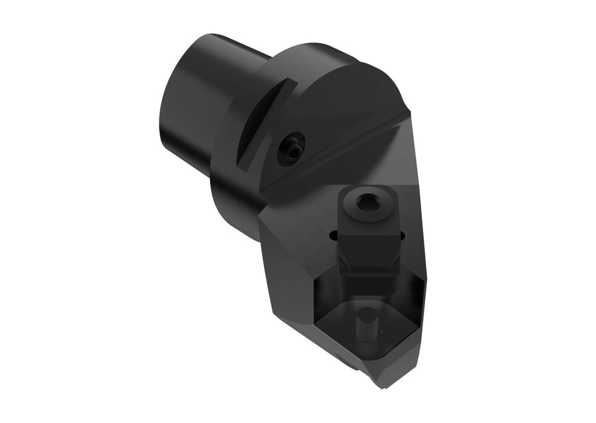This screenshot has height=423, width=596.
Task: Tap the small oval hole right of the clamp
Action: [x=402, y=235]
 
